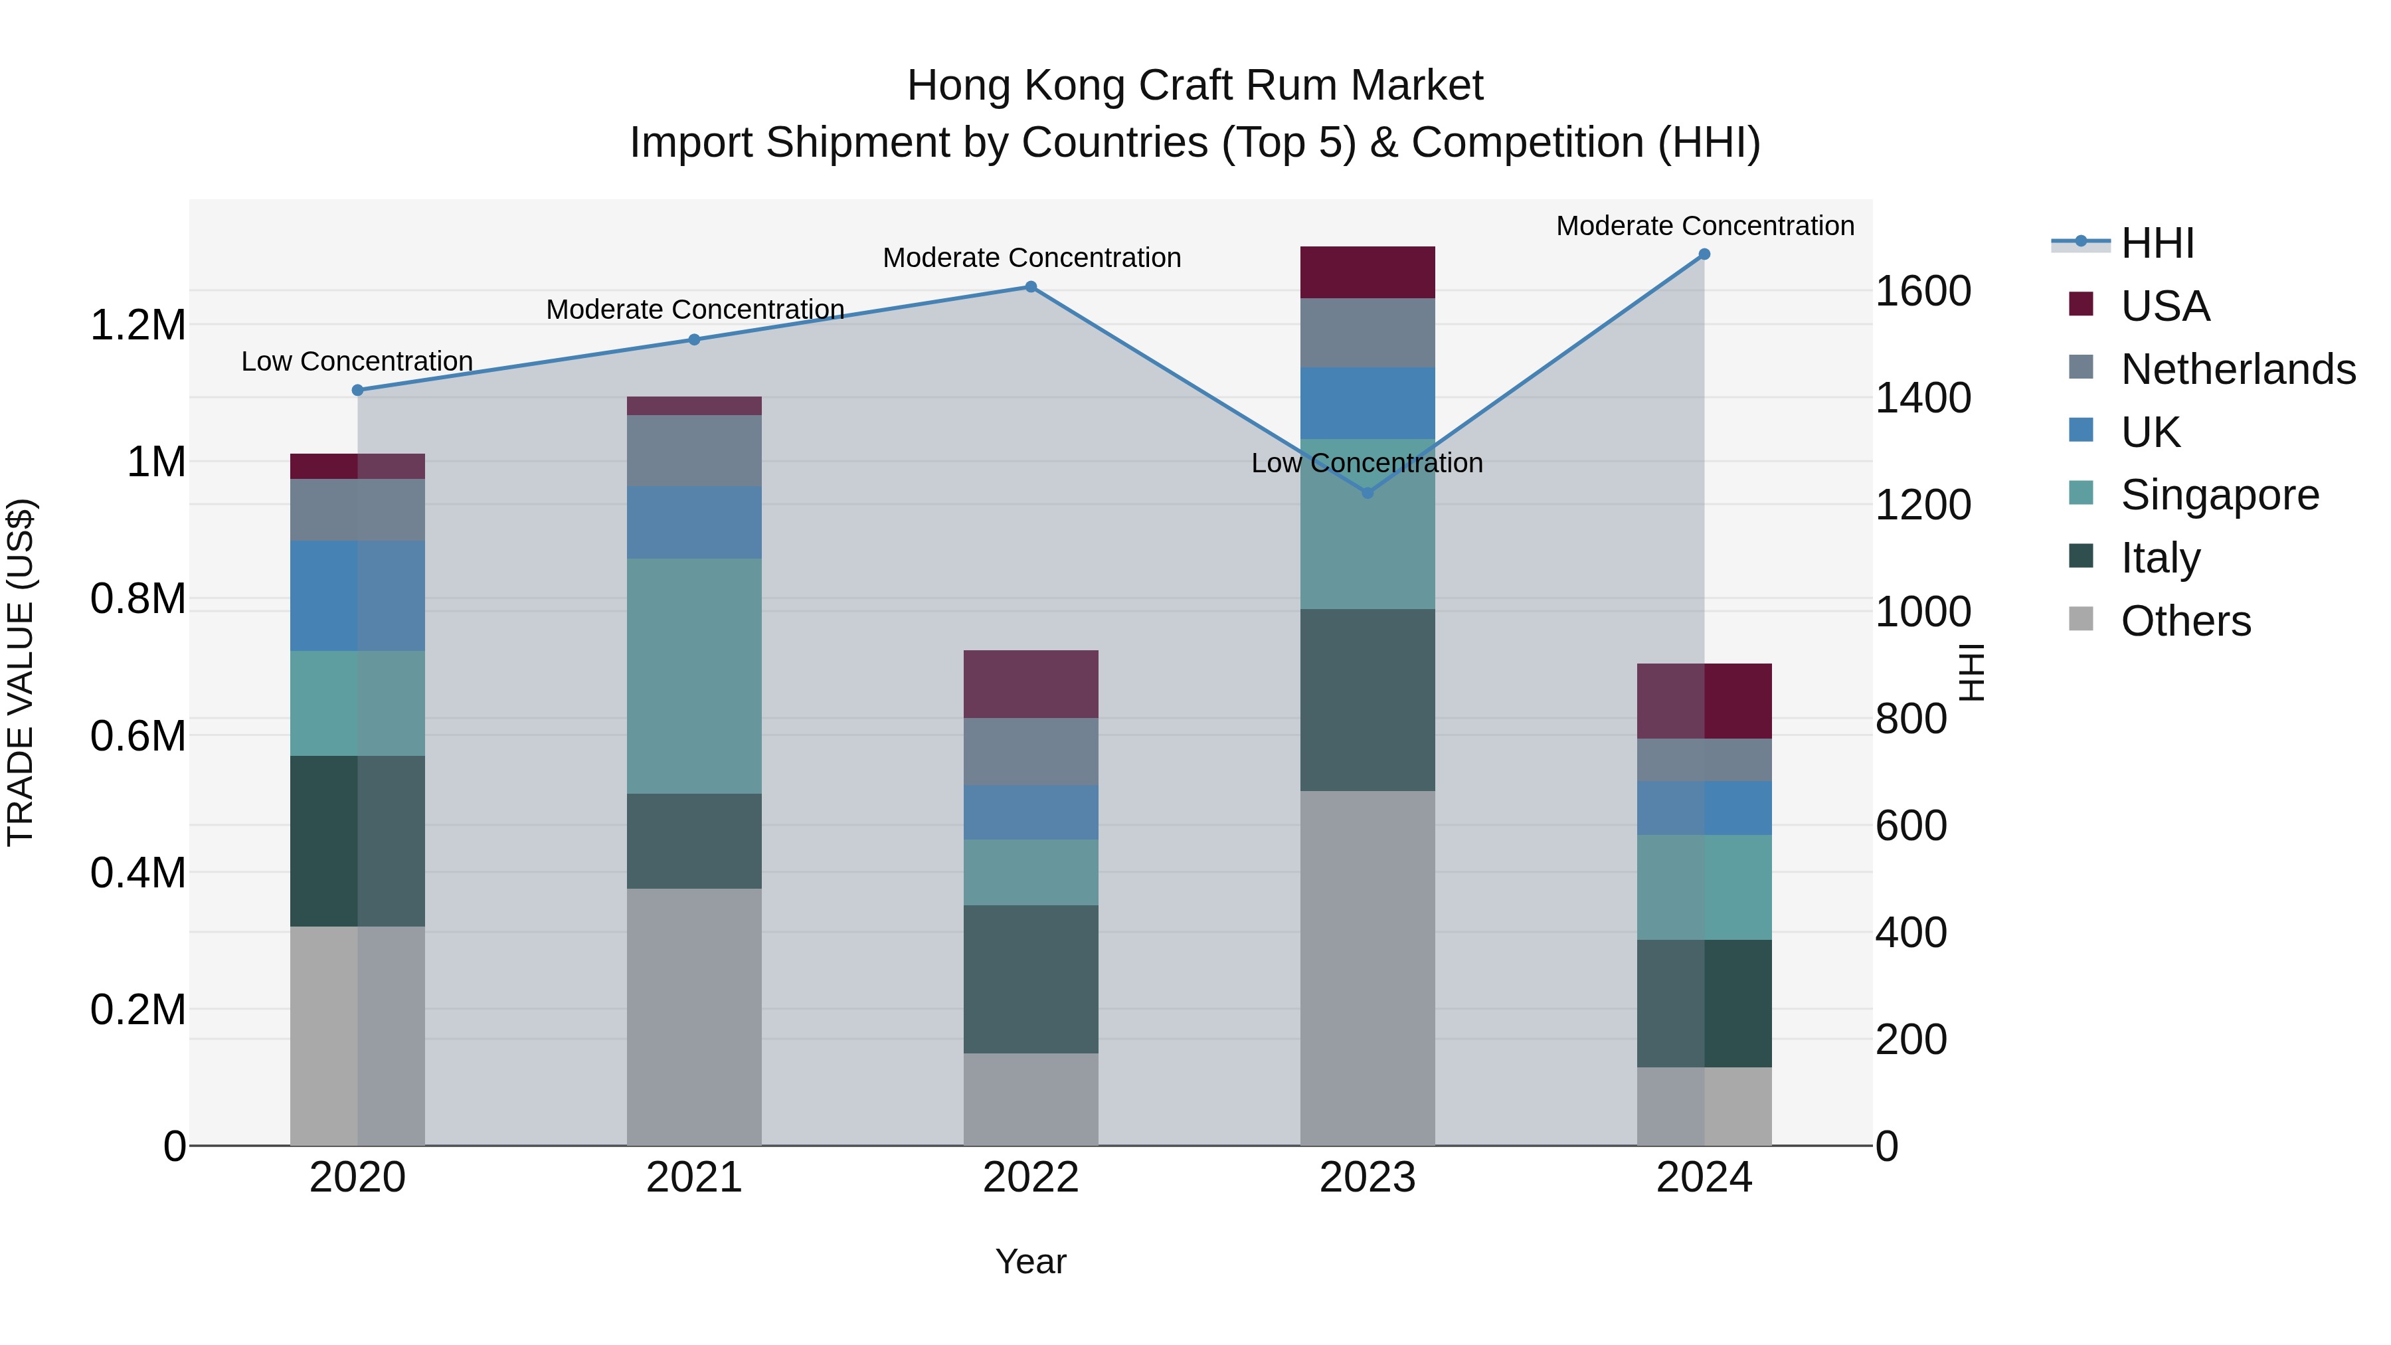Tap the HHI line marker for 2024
[1704, 254]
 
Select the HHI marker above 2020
[357, 391]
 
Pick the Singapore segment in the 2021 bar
[693, 675]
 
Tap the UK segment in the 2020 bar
[357, 596]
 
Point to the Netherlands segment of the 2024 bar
[1704, 761]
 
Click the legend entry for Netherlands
[2237, 369]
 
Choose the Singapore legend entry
[2218, 495]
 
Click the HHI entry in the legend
[2156, 243]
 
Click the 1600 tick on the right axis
[1922, 292]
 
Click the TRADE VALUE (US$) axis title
[21, 672]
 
